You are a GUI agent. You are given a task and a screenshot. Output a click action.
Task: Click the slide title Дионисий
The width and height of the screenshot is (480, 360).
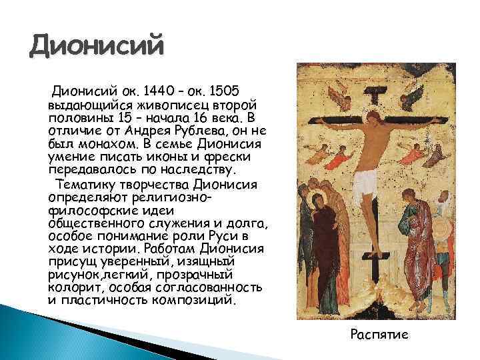[x=97, y=47]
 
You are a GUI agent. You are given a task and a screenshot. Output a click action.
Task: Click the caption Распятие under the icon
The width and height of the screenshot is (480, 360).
[x=379, y=333]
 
